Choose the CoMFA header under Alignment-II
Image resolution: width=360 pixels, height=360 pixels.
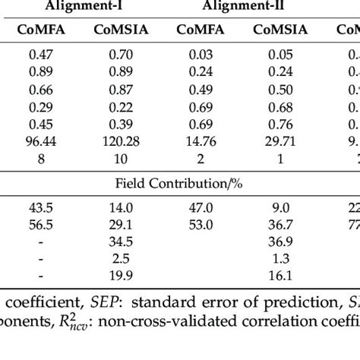(201, 31)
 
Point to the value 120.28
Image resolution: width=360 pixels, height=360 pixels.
(119, 142)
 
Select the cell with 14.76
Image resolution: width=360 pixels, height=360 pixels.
(201, 142)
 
